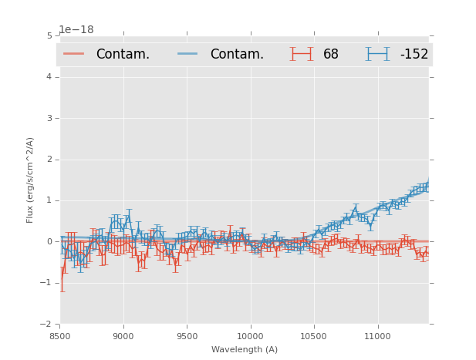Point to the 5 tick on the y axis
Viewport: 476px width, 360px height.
pos(49,35)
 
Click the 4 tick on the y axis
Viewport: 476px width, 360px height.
pos(49,77)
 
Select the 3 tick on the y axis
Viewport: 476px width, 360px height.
pos(49,118)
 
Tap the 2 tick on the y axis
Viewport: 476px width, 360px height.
pos(49,160)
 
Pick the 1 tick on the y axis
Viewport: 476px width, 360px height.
pos(49,200)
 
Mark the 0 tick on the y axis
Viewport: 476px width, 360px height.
pos(49,242)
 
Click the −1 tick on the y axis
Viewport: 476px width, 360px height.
pos(46,283)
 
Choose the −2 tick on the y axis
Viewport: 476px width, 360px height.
pos(46,325)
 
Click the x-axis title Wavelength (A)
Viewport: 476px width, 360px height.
pos(245,349)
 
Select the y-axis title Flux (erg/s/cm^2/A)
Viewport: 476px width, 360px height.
pos(31,180)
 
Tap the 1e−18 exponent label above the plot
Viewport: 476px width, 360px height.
pos(76,30)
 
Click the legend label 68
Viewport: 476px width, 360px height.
pos(331,54)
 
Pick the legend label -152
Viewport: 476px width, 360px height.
pos(414,54)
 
